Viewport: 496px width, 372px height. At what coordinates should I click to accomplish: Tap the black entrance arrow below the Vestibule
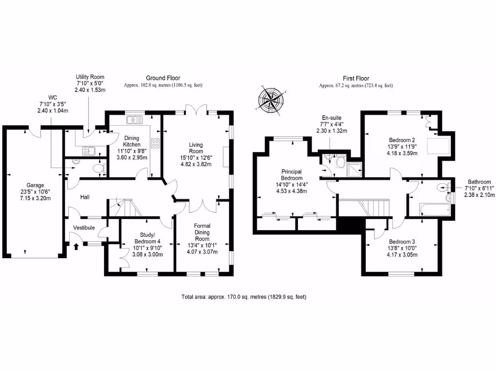pos(76,247)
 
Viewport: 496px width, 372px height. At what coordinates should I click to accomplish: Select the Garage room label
pos(35,186)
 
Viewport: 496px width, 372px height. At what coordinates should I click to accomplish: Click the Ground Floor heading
pos(163,78)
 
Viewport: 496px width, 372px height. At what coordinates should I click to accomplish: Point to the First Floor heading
pos(356,78)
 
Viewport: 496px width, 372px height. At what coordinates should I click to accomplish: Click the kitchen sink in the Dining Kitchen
pos(135,120)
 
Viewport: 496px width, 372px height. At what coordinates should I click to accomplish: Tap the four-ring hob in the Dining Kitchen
pos(155,143)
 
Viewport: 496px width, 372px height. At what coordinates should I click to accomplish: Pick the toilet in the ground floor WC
pos(99,169)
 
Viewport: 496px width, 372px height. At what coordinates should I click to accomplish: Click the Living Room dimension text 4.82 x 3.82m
pos(196,164)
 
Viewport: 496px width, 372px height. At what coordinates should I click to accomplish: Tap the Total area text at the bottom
pos(244,297)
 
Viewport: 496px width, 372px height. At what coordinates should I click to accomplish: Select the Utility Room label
pos(90,77)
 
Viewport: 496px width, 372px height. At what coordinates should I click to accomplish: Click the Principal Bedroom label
pos(292,175)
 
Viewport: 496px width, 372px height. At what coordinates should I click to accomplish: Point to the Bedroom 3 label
pos(402,242)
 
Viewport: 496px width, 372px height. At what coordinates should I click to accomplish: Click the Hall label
pos(85,197)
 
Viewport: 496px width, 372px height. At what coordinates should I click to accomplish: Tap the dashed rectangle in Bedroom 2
pos(438,146)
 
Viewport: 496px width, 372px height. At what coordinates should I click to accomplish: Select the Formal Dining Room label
pos(202,232)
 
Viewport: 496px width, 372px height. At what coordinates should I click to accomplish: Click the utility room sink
pos(89,151)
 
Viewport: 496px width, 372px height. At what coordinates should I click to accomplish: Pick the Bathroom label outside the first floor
pos(479,182)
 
